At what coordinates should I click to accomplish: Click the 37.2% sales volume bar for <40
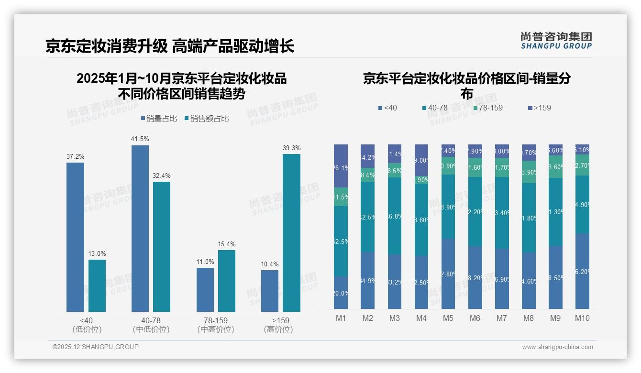point(75,237)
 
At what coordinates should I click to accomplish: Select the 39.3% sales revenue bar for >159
point(291,233)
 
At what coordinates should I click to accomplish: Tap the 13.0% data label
point(97,253)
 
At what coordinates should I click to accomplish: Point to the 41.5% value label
point(140,139)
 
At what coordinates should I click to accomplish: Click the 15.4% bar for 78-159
point(227,281)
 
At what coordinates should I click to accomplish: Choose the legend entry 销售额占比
point(207,119)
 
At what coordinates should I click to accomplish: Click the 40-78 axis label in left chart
point(151,320)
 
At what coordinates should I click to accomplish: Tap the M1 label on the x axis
point(341,318)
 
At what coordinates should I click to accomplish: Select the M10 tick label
point(582,318)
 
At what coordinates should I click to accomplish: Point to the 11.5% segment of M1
point(341,197)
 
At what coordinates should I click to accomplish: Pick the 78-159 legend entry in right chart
point(487,108)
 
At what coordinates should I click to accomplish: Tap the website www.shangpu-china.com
point(557,347)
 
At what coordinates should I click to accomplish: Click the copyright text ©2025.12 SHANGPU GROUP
point(96,347)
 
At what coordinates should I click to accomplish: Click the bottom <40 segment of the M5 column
point(448,274)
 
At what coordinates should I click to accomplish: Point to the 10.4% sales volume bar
point(270,291)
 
